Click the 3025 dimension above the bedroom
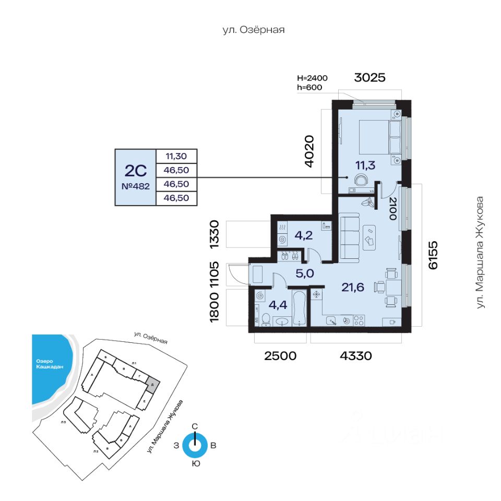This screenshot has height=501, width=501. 369,78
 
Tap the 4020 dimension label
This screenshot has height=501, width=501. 309,151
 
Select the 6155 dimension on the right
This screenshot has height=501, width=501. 433,255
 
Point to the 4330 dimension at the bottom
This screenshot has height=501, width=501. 355,356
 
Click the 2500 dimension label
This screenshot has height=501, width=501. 280,356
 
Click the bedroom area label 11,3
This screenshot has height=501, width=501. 366,165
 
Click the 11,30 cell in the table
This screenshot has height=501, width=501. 177,156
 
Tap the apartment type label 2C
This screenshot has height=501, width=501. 135,170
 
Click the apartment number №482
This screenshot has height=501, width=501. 135,186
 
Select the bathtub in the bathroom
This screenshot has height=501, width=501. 300,308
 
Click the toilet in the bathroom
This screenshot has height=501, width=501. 265,319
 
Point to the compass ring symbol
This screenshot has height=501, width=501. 195,446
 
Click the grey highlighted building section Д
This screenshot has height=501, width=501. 151,384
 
